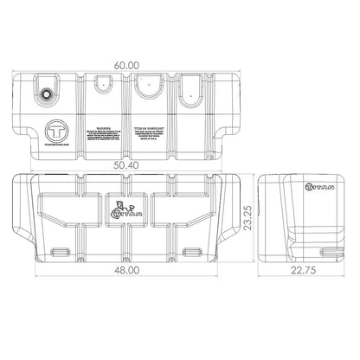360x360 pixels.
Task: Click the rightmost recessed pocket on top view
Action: [x=190, y=88]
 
